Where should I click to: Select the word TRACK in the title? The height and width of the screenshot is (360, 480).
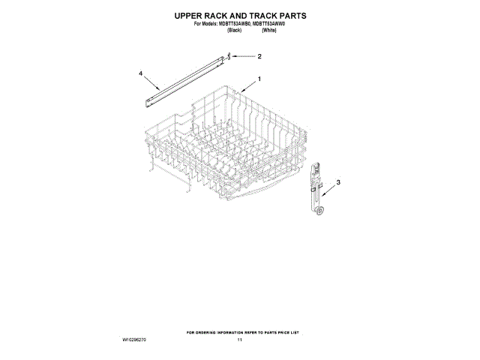click(263, 15)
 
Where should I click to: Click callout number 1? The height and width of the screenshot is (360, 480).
click(259, 79)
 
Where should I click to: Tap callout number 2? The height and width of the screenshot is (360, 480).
click(259, 56)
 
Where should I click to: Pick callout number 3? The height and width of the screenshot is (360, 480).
click(337, 182)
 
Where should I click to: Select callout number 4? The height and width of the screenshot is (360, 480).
click(140, 73)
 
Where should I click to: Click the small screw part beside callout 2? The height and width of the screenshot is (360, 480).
click(231, 55)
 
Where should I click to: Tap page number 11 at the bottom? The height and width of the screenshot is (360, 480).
click(240, 340)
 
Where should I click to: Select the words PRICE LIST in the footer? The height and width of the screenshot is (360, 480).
click(288, 331)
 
